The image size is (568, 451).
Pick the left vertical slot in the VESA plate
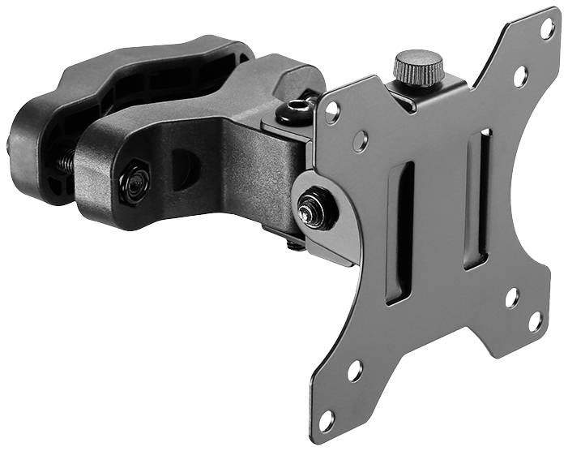tap(400, 232)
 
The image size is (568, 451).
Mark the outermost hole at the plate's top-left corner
tap(332, 113)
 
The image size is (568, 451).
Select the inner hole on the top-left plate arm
tap(361, 141)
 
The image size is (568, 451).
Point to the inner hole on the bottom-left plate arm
tap(355, 372)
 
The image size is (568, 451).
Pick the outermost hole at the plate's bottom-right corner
tap(536, 320)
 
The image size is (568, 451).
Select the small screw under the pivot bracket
tap(296, 243)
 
